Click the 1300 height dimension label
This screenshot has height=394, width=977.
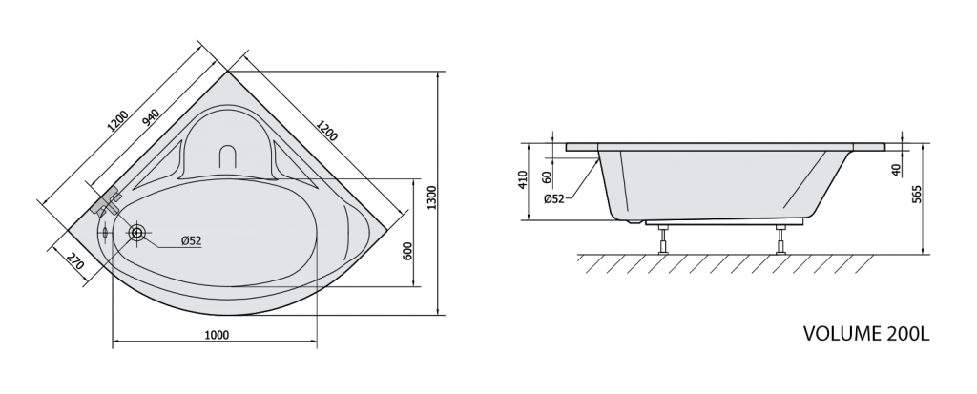coord(432,198)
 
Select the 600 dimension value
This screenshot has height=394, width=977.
coord(408,251)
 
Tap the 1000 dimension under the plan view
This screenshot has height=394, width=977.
coord(217,336)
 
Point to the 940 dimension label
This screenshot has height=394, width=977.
coord(151,118)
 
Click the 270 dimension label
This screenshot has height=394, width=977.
coord(74,260)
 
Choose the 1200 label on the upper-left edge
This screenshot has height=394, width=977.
coord(117,121)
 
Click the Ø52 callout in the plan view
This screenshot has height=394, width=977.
coord(191,240)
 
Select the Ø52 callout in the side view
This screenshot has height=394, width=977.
coord(554,198)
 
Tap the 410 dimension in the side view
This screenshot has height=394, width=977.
coord(523,179)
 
